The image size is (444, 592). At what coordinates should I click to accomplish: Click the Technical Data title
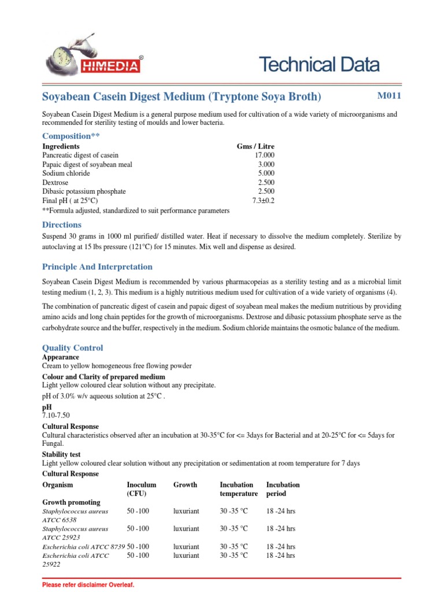[x=319, y=65]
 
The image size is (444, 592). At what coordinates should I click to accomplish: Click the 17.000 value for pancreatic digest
[x=264, y=156]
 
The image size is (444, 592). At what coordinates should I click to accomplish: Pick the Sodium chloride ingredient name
[x=66, y=173]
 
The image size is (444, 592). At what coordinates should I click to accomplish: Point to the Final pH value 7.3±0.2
[x=263, y=201]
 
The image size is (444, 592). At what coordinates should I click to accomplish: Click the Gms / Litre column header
[x=256, y=147]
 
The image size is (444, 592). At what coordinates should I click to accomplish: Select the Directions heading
[x=62, y=224]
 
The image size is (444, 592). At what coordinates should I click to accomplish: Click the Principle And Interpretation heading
[x=97, y=267]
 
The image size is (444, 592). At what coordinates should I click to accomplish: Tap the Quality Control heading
[x=73, y=347]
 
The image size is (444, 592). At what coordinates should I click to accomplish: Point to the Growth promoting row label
[x=71, y=502]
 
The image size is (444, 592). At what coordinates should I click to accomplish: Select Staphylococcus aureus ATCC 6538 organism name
[x=75, y=516]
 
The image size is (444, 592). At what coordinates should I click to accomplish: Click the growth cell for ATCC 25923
[x=186, y=528]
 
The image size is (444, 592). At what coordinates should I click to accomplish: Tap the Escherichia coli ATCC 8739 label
[x=83, y=546]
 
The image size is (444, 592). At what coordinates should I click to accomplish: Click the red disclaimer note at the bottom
[x=88, y=585]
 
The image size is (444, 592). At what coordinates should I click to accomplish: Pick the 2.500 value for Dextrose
[x=265, y=183]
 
